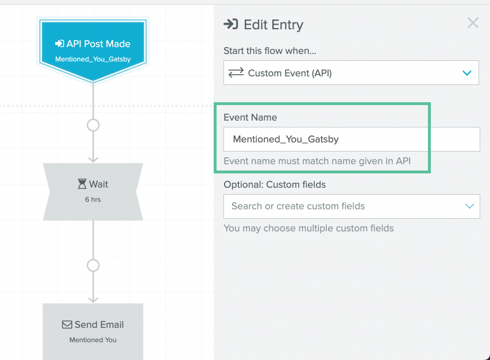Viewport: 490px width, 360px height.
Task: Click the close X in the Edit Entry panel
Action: (473, 23)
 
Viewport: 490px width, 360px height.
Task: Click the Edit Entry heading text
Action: (273, 25)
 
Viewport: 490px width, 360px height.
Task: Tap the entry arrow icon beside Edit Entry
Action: (231, 24)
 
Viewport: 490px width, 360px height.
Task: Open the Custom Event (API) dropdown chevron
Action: (467, 73)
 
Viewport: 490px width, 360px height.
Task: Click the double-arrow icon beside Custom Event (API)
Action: (236, 73)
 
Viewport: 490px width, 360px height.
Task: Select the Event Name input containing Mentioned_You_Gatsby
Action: (352, 139)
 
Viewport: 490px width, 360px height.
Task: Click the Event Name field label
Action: (250, 117)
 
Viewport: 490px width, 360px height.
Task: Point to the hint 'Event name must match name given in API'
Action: (317, 161)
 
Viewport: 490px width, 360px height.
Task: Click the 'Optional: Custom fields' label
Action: (275, 184)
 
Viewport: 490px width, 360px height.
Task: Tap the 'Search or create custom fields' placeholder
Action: (298, 206)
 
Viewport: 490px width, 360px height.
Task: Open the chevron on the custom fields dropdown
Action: (469, 206)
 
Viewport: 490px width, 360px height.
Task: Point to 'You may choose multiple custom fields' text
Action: (308, 229)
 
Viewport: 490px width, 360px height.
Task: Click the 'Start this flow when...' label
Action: (270, 51)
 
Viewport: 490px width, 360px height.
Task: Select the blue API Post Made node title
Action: (93, 44)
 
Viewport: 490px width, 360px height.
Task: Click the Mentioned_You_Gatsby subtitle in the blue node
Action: (93, 59)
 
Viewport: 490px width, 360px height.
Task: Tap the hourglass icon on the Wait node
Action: (82, 184)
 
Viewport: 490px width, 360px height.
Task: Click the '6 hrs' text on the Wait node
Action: (93, 199)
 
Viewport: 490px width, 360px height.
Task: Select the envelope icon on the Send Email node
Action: (67, 325)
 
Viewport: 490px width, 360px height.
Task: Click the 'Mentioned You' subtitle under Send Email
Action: (93, 340)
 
